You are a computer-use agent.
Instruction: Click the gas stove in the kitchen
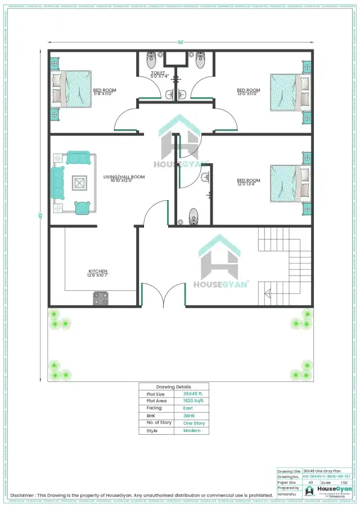(x=101, y=298)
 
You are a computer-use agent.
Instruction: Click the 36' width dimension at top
(x=180, y=42)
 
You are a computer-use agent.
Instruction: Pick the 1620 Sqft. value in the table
(x=193, y=401)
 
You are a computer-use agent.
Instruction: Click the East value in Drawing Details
(x=188, y=408)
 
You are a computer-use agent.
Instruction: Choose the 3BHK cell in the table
(x=189, y=416)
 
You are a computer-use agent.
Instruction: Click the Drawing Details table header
(x=174, y=387)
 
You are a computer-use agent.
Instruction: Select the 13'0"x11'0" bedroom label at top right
(x=248, y=92)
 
